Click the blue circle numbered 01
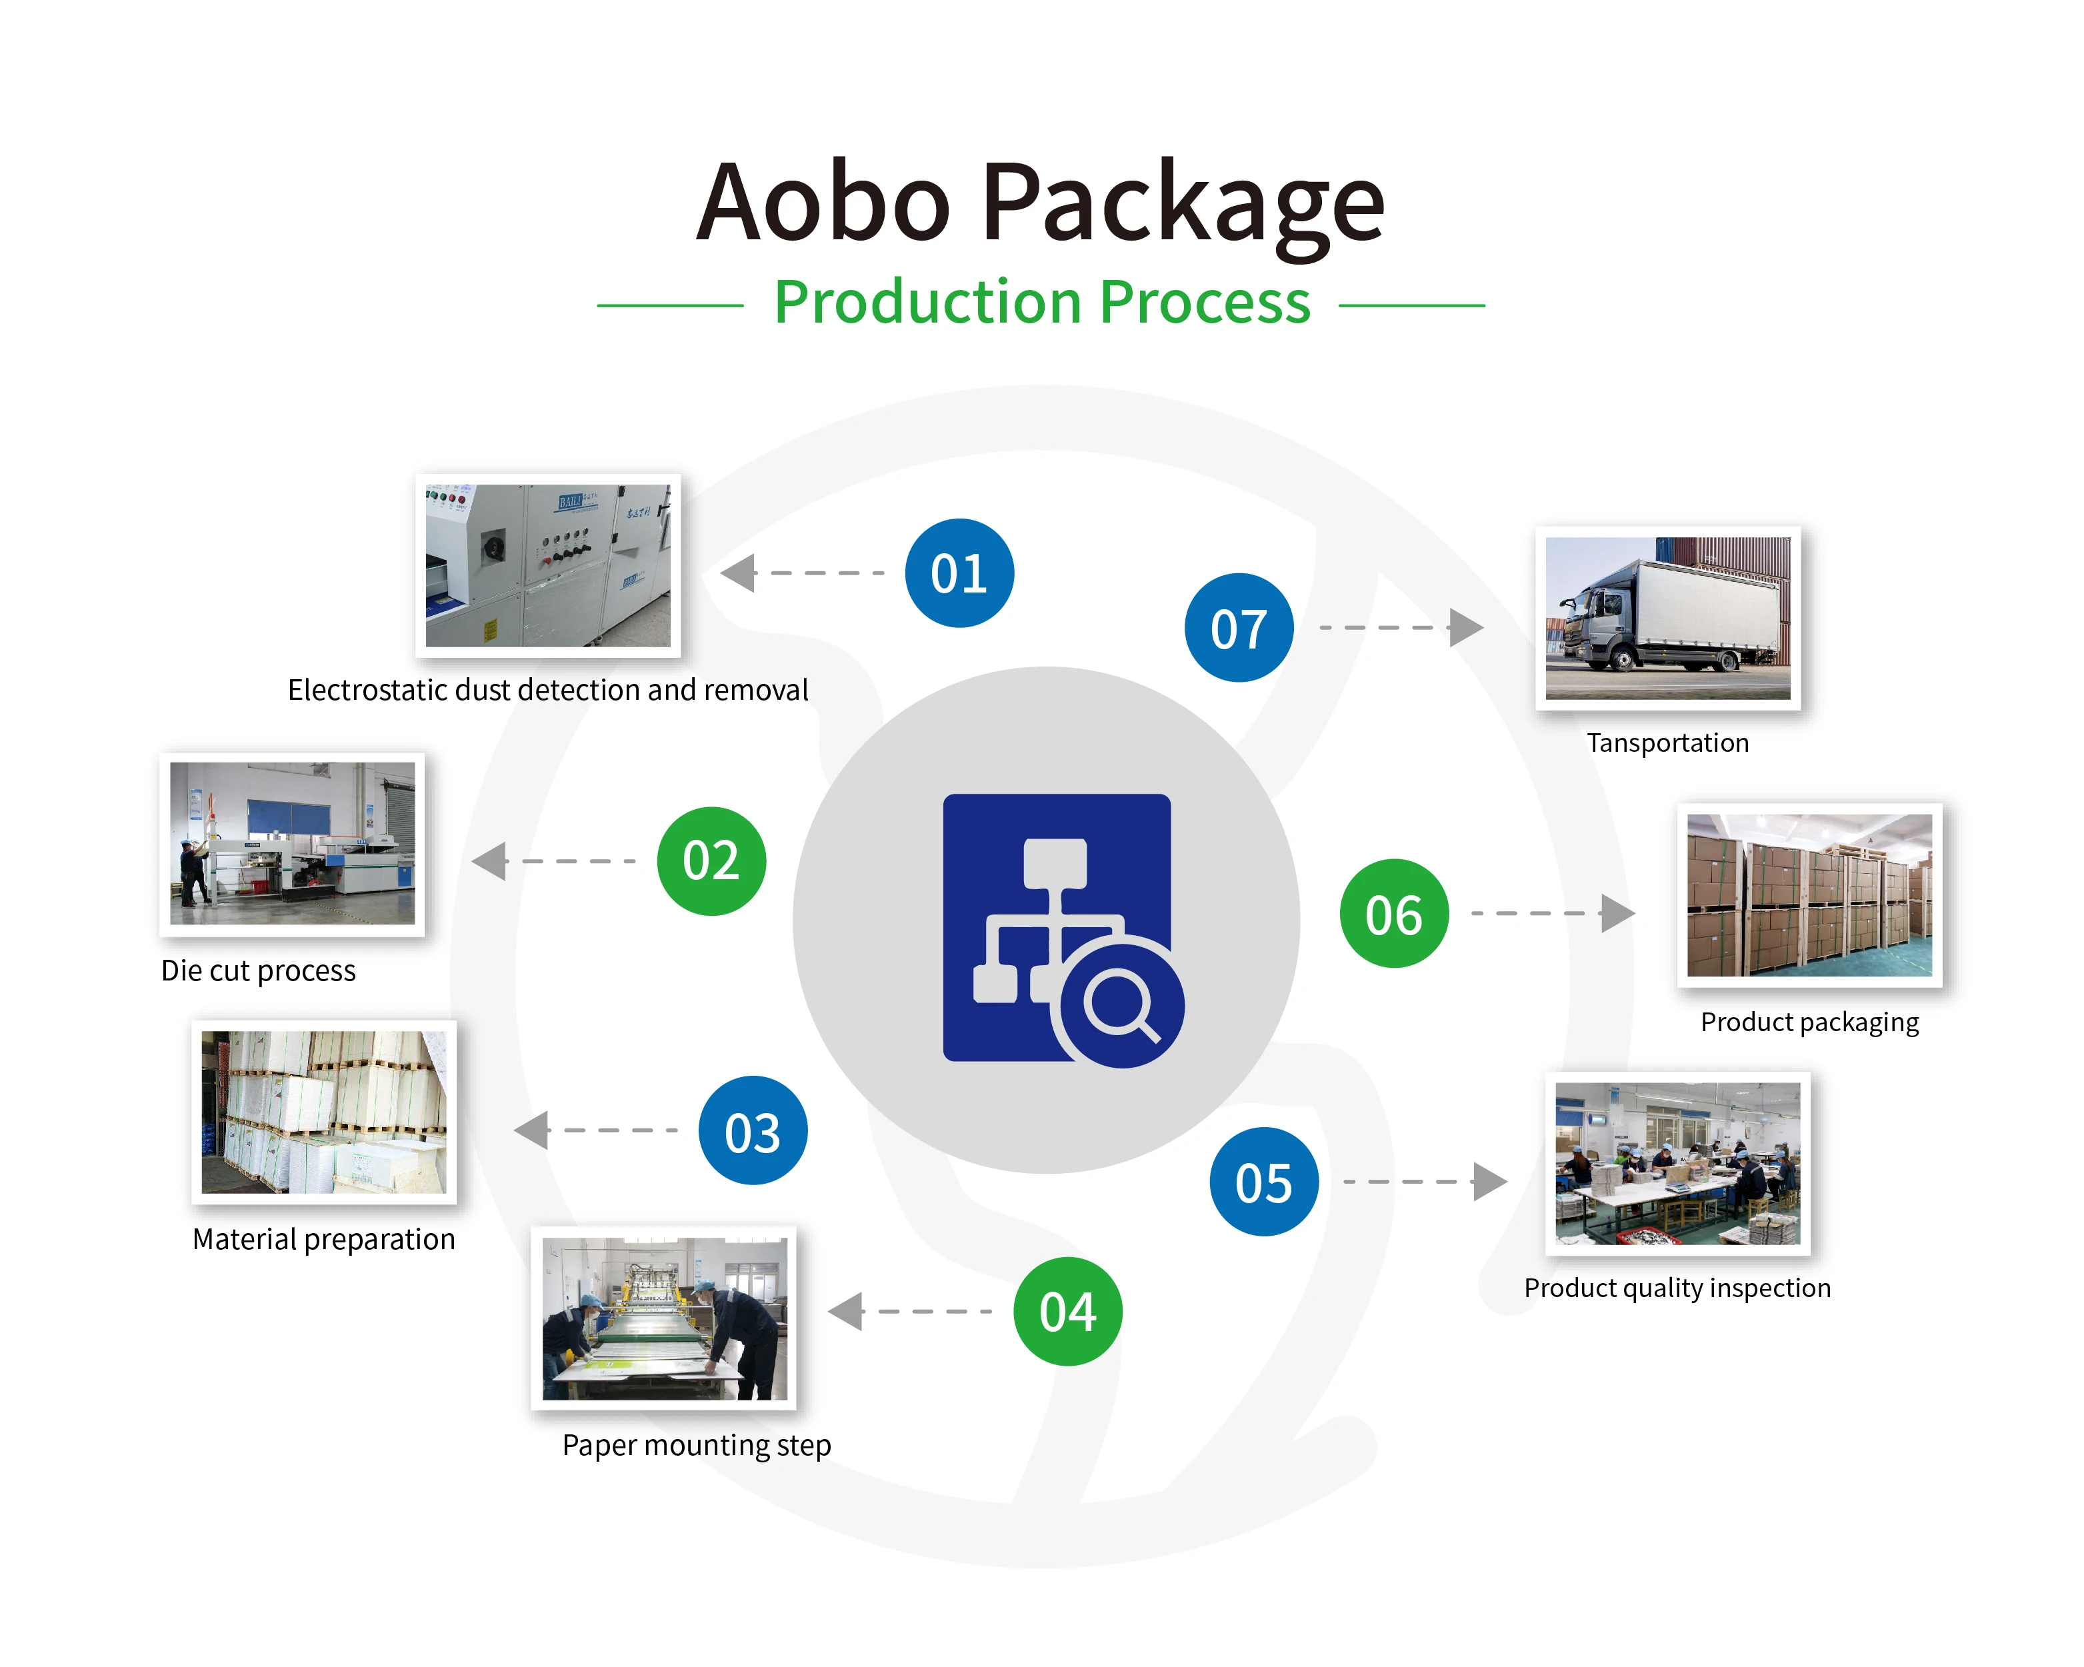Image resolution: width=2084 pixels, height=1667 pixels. coord(959,573)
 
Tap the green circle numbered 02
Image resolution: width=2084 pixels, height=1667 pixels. coord(711,861)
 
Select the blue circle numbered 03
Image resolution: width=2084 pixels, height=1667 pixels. coord(753,1130)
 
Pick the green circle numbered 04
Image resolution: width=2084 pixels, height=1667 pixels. coord(1068,1311)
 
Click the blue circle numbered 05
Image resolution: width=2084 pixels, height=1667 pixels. coord(1263,1182)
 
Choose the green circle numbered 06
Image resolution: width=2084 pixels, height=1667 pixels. coord(1394,913)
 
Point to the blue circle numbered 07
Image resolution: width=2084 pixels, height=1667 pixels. coord(1238,628)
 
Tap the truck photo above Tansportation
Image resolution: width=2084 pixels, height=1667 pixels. coord(1667,619)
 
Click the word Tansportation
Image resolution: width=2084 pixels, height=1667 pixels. coord(1667,743)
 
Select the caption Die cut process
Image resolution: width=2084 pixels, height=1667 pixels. coord(258,970)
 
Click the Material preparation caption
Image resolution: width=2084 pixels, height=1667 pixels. coord(324,1239)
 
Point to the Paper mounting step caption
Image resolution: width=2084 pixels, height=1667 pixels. coord(696,1445)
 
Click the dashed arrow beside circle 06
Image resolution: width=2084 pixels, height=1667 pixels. coord(1551,913)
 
